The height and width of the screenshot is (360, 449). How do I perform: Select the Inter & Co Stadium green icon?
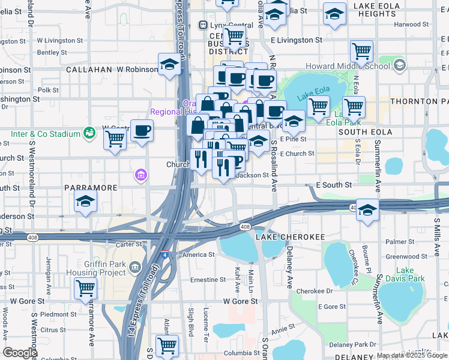click(x=89, y=131)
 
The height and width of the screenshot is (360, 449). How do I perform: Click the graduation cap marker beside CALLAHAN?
click(x=170, y=64)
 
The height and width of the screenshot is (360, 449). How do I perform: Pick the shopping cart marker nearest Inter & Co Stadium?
click(x=115, y=139)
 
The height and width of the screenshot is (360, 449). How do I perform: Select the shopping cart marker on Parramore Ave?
click(x=86, y=288)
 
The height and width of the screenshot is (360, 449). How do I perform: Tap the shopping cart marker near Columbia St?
click(x=167, y=345)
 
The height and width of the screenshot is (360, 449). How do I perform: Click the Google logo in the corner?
click(x=20, y=353)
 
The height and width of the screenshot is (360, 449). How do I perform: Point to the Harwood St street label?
click(x=418, y=25)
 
